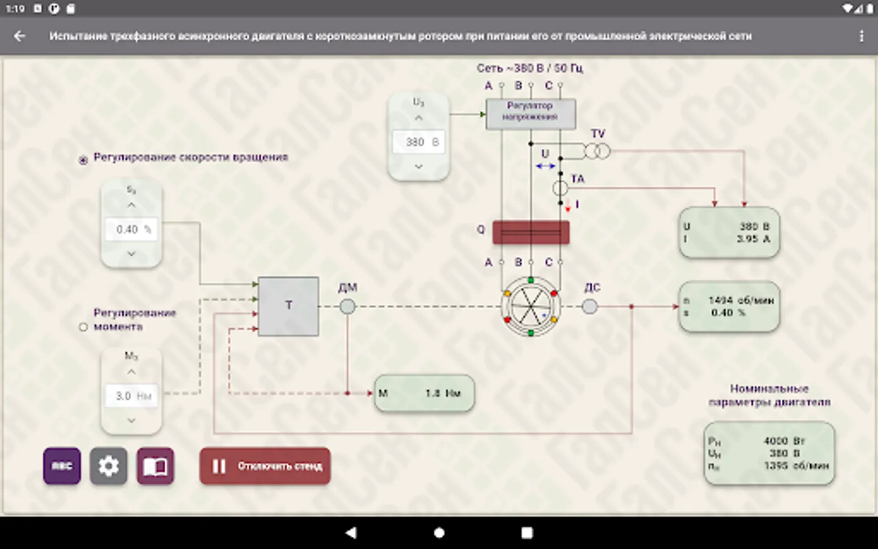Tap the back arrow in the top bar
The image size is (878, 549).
point(20,36)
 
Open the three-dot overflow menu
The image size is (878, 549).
point(861,36)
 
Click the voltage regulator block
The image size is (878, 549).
point(530,114)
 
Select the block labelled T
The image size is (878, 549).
point(288,306)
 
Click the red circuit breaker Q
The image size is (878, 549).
point(530,232)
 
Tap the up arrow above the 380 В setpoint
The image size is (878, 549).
point(419,118)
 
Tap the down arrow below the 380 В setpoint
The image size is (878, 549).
point(419,166)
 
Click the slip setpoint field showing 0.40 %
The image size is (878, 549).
point(132,229)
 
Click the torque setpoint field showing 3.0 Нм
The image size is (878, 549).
point(132,396)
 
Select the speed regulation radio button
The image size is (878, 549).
point(84,160)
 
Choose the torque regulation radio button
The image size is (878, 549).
point(84,327)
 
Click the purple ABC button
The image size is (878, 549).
point(62,466)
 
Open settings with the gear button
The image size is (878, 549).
point(109,466)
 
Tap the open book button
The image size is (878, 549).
point(155,466)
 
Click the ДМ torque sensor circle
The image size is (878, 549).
point(347,306)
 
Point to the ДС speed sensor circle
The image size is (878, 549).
point(590,306)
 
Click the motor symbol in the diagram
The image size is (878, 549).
point(530,306)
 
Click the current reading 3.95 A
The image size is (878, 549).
point(753,239)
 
